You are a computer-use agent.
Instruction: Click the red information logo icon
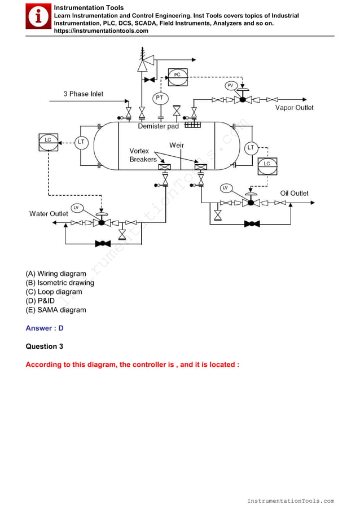pos(38,17)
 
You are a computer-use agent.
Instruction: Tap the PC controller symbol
pos(177,75)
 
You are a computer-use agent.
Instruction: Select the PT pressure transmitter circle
pos(160,98)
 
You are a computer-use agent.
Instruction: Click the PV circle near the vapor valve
pos(230,85)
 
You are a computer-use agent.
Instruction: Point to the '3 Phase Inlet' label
pos(83,94)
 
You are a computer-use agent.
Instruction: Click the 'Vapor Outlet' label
pos(294,108)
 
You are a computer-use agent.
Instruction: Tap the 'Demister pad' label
pos(158,126)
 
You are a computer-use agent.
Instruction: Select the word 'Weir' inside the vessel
pos(177,145)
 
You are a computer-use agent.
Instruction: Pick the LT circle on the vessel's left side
pos(81,142)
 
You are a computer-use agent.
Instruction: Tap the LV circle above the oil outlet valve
pos(225,187)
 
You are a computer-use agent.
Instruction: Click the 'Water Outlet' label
pos(49,214)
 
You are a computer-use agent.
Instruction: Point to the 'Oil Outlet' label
pos(294,193)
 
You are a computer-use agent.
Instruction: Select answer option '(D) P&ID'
pos(41,301)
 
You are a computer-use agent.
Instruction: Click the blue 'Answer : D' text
pos(45,328)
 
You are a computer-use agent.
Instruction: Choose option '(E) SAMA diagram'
pos(56,310)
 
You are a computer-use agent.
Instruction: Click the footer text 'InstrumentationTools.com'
pos(291,501)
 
